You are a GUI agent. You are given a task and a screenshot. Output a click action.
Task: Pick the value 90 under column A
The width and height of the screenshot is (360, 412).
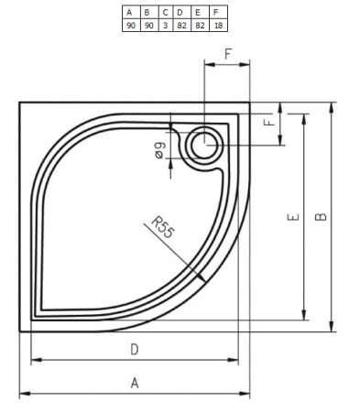[x=129, y=26]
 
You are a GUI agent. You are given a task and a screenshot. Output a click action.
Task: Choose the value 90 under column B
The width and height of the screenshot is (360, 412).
[x=147, y=26]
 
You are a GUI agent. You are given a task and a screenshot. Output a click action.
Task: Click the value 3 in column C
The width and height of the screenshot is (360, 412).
[x=165, y=26]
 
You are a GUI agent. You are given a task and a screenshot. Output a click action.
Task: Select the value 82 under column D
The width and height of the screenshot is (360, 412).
[x=181, y=26]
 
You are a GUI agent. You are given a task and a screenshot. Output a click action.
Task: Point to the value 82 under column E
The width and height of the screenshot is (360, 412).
[x=199, y=26]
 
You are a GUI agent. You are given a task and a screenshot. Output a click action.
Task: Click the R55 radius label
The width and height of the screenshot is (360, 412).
[x=162, y=225]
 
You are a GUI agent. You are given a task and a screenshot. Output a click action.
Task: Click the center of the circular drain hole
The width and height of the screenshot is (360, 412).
[x=203, y=145]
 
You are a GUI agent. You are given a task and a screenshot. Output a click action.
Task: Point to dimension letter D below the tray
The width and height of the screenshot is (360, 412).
[x=135, y=349]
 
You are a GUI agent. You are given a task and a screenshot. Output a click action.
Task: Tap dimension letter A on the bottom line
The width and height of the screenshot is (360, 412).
[x=135, y=384]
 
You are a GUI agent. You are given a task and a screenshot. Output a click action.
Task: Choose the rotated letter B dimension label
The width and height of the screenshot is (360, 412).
[x=320, y=217]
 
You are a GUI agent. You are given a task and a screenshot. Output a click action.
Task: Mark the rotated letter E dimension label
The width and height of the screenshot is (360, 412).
[x=291, y=217]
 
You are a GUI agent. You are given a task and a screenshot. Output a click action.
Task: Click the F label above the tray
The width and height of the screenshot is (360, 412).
[x=228, y=54]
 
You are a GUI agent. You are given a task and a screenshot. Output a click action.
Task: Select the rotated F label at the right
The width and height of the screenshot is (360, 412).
[x=268, y=123]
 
